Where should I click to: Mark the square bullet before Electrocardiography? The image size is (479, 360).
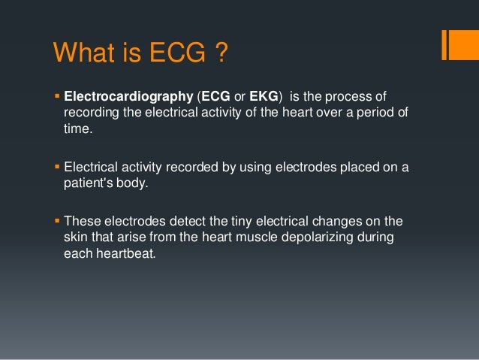pos(58,97)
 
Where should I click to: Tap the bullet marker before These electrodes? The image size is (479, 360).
pos(58,221)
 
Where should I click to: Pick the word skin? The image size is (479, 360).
pos(75,237)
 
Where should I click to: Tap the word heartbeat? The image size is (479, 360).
pos(131,254)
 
